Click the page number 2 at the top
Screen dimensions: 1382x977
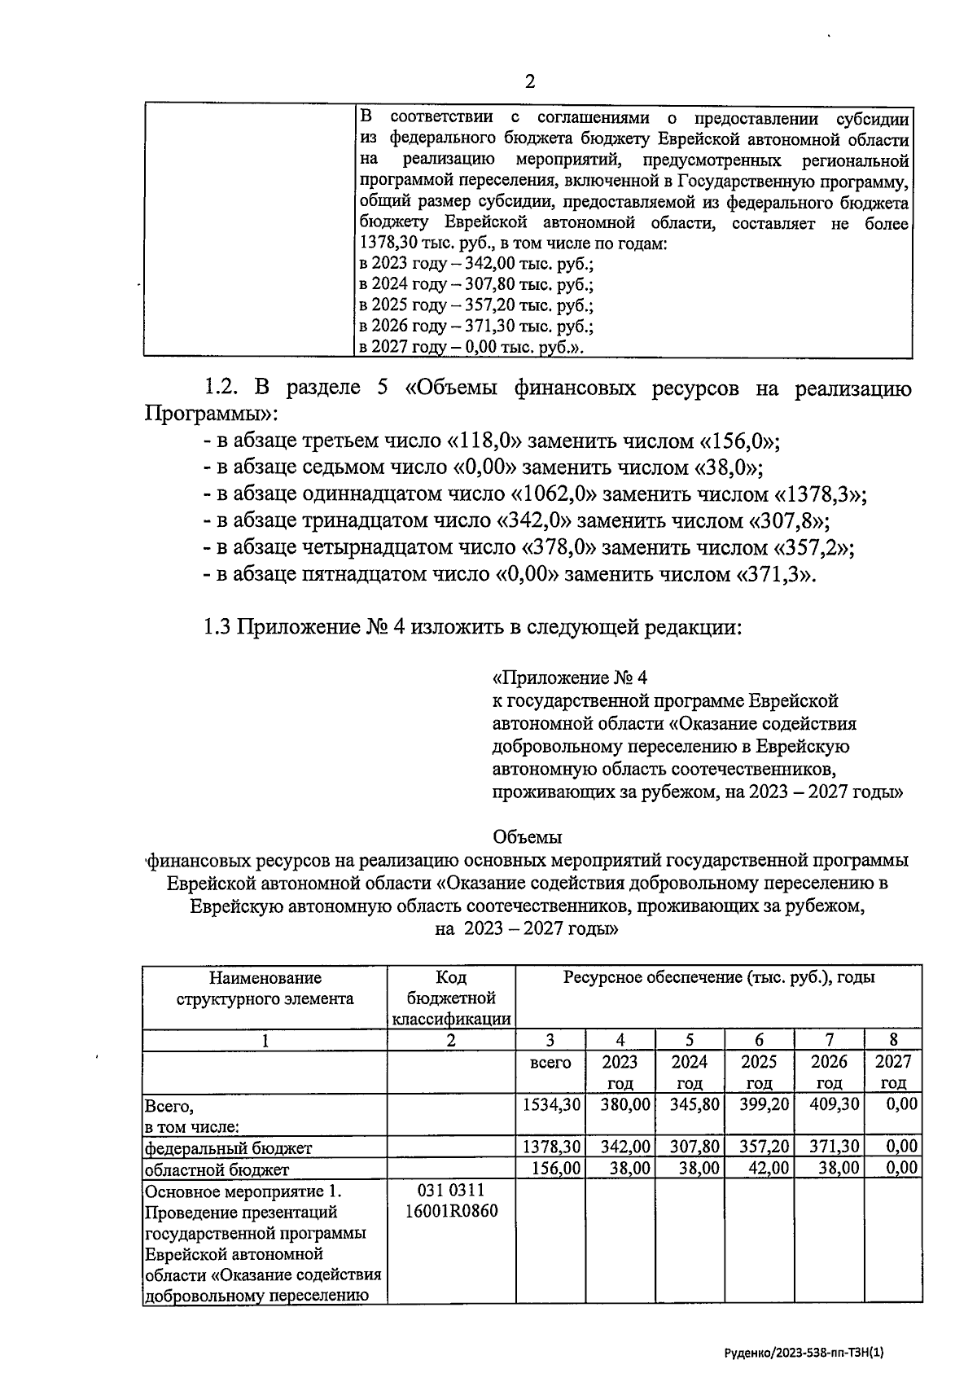click(530, 81)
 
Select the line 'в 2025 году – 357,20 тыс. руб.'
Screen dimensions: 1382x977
click(475, 305)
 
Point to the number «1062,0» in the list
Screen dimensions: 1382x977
click(554, 494)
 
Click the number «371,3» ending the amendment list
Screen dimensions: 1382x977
click(773, 574)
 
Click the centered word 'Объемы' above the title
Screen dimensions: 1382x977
click(528, 836)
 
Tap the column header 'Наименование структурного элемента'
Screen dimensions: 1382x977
click(265, 988)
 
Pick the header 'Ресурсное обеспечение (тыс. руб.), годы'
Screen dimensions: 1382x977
click(719, 977)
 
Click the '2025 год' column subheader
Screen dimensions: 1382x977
click(759, 1072)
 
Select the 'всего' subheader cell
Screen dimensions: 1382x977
click(550, 1063)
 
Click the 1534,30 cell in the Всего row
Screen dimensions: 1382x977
click(552, 1104)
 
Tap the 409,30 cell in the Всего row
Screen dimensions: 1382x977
click(830, 1104)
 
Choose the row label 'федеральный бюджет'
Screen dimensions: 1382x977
click(228, 1147)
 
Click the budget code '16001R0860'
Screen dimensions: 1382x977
click(451, 1211)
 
